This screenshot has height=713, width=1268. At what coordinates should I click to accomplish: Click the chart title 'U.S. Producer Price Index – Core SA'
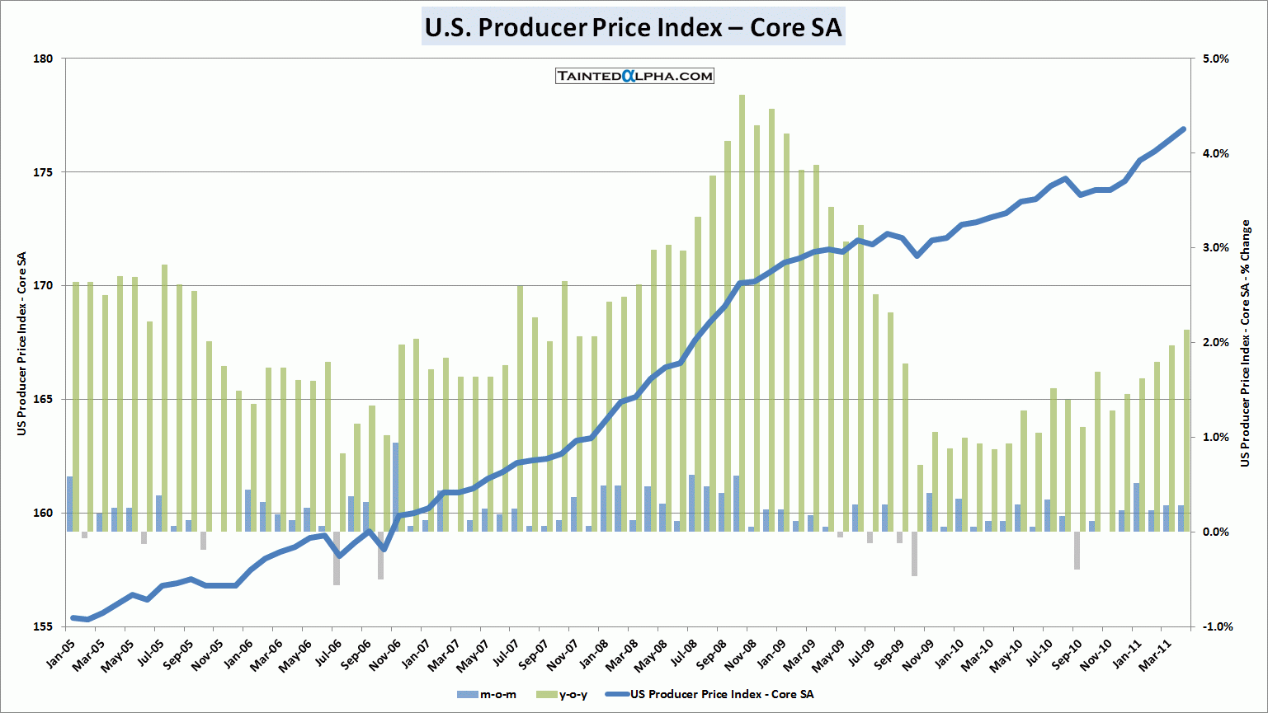coord(633,27)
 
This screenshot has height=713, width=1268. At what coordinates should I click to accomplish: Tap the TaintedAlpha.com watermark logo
coord(634,76)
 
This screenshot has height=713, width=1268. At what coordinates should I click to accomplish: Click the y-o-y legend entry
coord(563,694)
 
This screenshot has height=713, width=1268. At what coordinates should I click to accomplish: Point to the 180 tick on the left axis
coord(43,59)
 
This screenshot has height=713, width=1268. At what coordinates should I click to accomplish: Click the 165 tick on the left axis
coord(43,399)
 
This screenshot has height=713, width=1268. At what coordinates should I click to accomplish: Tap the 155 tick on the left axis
coord(43,626)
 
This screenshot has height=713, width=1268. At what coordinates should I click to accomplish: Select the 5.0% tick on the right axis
coord(1215,59)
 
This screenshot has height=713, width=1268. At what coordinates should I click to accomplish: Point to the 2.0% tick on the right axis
coord(1215,342)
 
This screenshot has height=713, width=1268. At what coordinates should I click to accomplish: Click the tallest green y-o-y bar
coord(742,313)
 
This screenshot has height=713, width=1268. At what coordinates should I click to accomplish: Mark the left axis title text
coord(22,343)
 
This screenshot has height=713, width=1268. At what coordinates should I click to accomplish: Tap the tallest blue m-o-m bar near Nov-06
coord(396,486)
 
